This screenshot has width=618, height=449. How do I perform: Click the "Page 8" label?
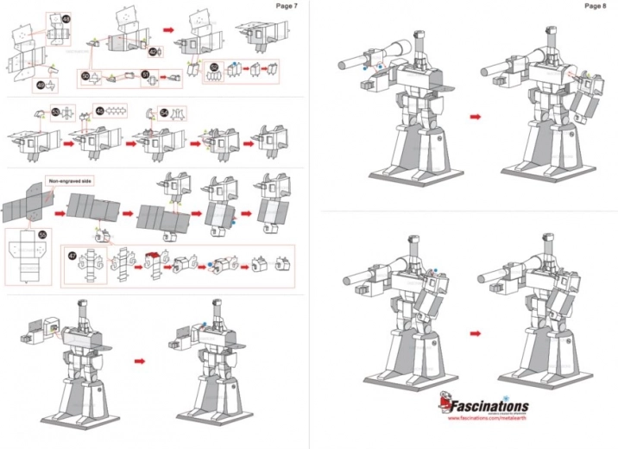click(595, 6)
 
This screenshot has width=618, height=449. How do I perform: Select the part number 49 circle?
click(40, 84)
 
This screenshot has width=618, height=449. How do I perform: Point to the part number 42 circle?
click(152, 52)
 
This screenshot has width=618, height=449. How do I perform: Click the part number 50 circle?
click(85, 76)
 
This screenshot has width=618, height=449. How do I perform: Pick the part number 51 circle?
click(145, 75)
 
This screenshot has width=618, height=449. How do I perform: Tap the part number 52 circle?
click(214, 66)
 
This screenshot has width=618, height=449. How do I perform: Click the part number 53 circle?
click(55, 111)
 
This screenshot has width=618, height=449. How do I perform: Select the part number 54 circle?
click(164, 112)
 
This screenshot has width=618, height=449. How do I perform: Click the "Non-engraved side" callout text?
click(71, 180)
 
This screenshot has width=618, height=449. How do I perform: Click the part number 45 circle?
click(99, 111)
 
